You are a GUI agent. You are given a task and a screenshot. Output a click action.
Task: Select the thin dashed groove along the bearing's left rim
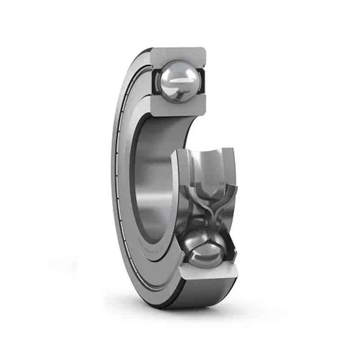coord(117,180)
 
